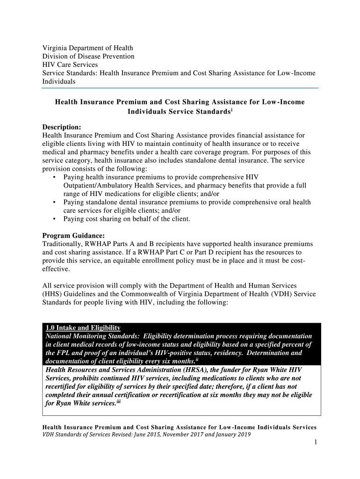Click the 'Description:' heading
[x=62, y=127]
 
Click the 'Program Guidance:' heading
[x=73, y=235]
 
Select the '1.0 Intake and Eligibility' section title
[x=83, y=328]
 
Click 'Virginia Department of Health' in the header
[x=87, y=48]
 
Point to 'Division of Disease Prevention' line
[x=88, y=56]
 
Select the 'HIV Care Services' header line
[x=70, y=65]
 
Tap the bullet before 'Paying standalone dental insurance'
[x=55, y=203]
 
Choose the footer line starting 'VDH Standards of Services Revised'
[x=146, y=435]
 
